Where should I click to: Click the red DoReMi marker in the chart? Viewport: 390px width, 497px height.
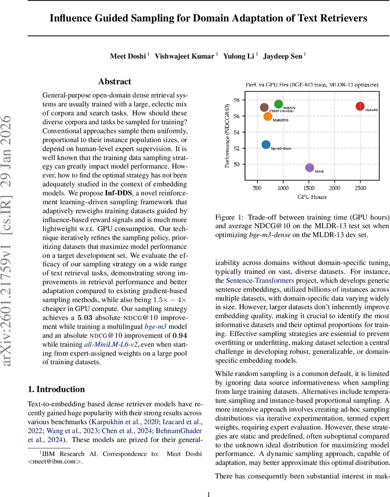click(360, 106)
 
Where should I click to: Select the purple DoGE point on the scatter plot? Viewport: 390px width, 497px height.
click(309, 167)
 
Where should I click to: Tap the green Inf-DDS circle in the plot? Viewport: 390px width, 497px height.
click(279, 104)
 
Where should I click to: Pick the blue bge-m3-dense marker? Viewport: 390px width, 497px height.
click(266, 145)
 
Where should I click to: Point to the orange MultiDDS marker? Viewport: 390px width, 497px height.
click(268, 116)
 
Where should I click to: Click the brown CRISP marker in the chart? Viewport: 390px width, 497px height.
click(264, 108)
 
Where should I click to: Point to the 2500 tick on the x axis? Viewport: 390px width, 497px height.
click(360, 188)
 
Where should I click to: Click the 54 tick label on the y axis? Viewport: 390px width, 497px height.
click(236, 132)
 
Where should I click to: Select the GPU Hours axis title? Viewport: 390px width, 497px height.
click(312, 197)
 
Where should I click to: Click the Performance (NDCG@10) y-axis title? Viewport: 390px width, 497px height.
click(227, 136)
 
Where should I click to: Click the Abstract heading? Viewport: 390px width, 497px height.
click(114, 82)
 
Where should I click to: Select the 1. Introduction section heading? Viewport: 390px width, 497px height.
click(56, 389)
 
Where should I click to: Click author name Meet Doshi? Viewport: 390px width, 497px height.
click(128, 56)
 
